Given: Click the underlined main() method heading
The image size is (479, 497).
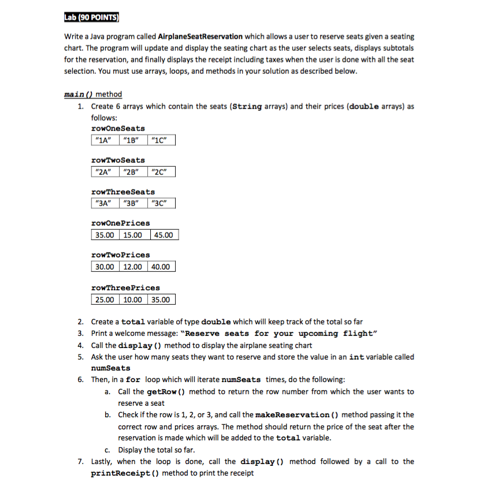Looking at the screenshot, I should pyautogui.click(x=93, y=94).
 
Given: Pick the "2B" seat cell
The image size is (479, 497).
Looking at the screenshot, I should pyautogui.click(x=132, y=171).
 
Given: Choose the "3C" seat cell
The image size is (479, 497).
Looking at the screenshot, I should pyautogui.click(x=161, y=203).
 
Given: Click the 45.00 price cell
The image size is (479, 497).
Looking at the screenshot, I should pyautogui.click(x=164, y=235).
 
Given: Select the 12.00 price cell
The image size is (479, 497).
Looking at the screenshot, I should pyautogui.click(x=133, y=267).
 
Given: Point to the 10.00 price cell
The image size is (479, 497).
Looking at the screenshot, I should pyautogui.click(x=133, y=299).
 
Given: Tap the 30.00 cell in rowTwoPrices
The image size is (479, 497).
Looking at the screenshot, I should pyautogui.click(x=105, y=267).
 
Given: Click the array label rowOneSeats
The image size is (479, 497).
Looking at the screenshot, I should pyautogui.click(x=118, y=128).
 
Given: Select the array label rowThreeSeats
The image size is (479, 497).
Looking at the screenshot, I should pyautogui.click(x=123, y=192).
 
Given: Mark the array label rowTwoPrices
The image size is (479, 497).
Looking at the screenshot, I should pyautogui.click(x=121, y=255).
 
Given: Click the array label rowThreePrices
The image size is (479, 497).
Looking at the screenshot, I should pyautogui.click(x=125, y=287).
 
